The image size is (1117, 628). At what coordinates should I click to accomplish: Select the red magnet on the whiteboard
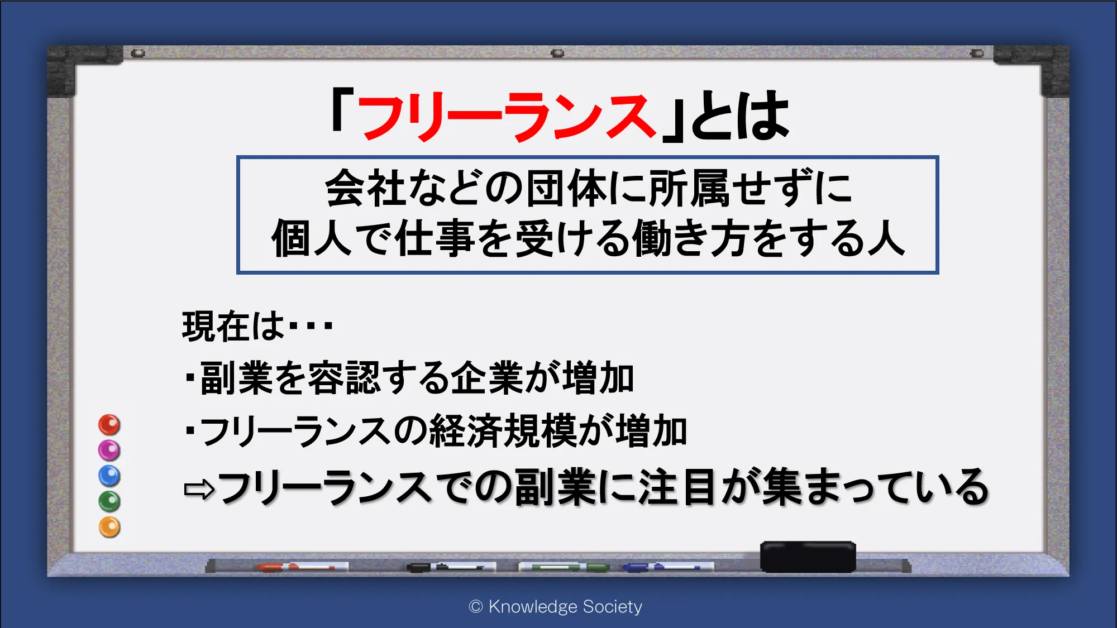[x=109, y=425]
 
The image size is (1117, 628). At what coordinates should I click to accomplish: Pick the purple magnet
[x=109, y=450]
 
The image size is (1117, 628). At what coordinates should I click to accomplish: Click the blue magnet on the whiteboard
[x=109, y=476]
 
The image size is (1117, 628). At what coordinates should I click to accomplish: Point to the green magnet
[x=109, y=502]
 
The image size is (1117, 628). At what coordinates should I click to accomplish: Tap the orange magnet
[x=109, y=528]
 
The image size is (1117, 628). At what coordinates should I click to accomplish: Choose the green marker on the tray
[x=564, y=567]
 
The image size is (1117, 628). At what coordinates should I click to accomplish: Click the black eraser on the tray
[x=808, y=557]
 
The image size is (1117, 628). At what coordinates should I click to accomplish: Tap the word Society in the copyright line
[x=613, y=607]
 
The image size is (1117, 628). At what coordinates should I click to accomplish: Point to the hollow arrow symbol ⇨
[x=199, y=490]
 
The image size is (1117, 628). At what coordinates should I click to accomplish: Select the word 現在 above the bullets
[x=216, y=326]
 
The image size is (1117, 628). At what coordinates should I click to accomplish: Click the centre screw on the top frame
[x=557, y=54]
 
